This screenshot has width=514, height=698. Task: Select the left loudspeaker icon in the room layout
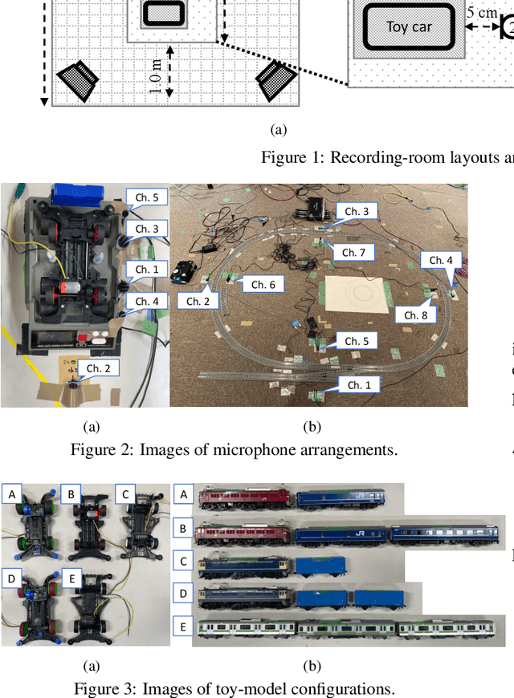(x=78, y=82)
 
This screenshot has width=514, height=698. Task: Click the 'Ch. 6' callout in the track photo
(x=263, y=284)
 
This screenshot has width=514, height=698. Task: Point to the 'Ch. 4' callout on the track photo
(x=441, y=260)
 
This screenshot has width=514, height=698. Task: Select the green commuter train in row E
(x=347, y=631)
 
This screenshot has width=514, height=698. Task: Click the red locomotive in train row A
(x=243, y=497)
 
